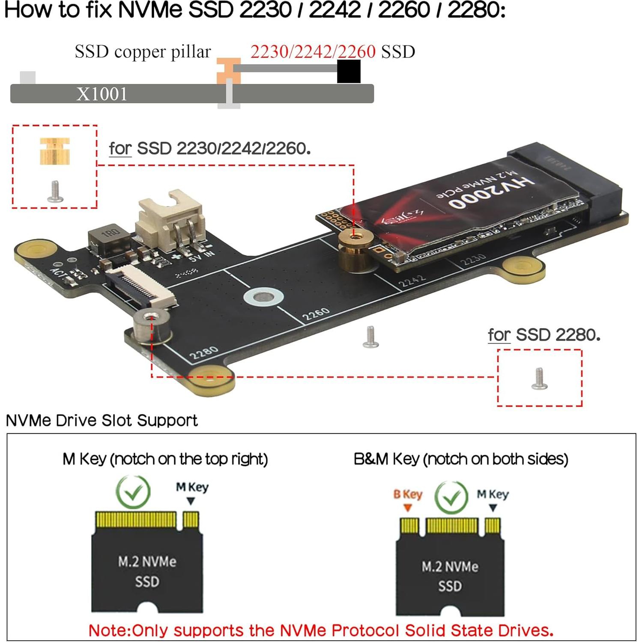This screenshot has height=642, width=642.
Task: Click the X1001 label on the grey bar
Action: (102, 94)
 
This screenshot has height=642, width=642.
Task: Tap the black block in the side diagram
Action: (348, 72)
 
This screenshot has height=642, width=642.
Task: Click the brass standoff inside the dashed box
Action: (54, 151)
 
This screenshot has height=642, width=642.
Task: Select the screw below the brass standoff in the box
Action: (55, 191)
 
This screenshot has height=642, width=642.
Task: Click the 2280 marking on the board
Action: (203, 353)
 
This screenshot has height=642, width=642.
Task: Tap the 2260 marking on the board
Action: (316, 314)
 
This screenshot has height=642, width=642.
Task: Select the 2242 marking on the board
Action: (412, 281)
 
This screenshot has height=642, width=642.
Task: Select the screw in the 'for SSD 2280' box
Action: (539, 379)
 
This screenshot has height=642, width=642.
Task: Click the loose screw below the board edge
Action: (370, 337)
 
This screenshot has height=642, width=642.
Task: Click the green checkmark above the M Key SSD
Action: (133, 493)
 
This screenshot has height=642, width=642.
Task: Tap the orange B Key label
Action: (408, 494)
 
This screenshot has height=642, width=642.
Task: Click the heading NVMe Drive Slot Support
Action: (102, 421)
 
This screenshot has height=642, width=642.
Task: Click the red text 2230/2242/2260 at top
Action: (313, 52)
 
